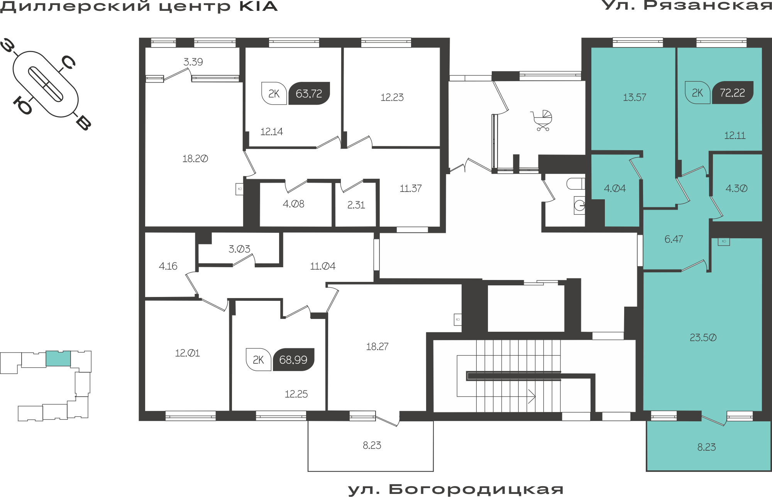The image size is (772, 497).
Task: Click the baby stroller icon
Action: click(542, 120)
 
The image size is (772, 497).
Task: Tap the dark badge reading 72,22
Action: click(732, 93)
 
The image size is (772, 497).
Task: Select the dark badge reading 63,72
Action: click(309, 93)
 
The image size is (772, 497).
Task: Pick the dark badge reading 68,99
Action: click(293, 360)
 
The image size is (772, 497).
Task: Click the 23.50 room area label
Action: click(703, 338)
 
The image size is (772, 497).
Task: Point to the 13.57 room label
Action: click(635, 97)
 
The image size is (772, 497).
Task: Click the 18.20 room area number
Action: click(195, 159)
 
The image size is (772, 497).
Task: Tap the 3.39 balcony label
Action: click(193, 62)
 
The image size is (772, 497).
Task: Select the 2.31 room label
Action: click(356, 205)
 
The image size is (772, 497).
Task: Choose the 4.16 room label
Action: click(168, 266)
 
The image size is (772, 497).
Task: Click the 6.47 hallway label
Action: click(674, 239)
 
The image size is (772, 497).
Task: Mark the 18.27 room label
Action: click(377, 346)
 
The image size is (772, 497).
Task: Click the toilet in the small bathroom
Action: click(576, 184)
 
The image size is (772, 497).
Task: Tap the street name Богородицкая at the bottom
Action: click(476, 489)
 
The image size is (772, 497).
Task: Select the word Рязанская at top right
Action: click(707, 5)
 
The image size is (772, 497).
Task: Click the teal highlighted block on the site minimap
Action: click(58, 359)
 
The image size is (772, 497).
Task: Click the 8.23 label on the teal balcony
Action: click(706, 447)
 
